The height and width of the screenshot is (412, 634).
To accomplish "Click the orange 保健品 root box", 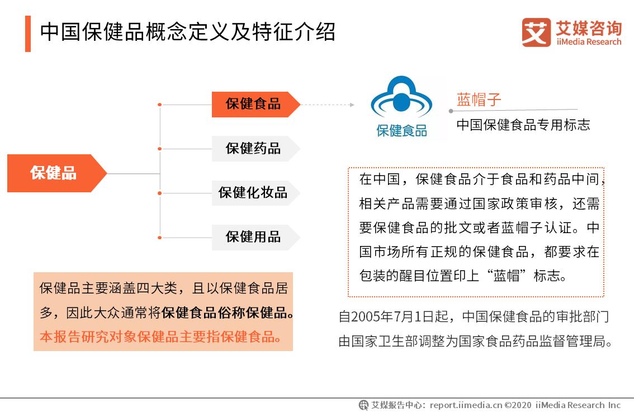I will coord(54,173).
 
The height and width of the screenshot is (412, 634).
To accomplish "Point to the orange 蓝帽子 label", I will coord(479,100).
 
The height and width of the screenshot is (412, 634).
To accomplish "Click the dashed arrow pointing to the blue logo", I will coord(328,105).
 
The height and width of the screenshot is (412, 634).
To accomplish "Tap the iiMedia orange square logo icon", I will coord(536,32).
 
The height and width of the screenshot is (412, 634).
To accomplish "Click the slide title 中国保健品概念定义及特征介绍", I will coord(187,32).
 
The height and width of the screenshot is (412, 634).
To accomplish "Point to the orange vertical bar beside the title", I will coord(28,34).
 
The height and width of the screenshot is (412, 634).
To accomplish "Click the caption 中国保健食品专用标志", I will coord(523,125).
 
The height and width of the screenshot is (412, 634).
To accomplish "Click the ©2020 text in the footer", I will coord(518,405).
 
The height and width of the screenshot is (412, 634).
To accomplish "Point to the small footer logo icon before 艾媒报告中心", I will coord(364,405).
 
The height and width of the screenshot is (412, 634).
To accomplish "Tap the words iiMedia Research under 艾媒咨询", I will coord(588,42).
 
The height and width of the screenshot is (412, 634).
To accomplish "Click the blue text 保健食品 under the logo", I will coord(401,131).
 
